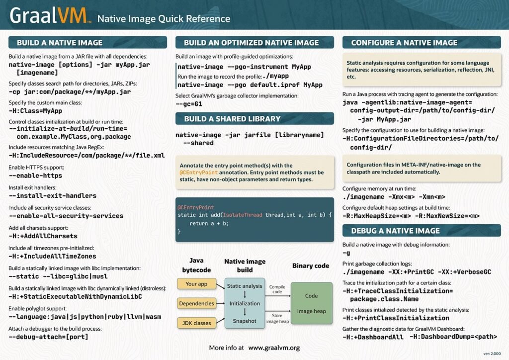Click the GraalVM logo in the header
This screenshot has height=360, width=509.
coord(50,16)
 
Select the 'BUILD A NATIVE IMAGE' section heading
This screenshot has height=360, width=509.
coord(60,42)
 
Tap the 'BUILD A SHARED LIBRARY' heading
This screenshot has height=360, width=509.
coord(232,119)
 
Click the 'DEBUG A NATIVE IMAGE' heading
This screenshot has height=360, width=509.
coord(395,231)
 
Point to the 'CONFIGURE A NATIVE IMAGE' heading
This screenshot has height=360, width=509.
coord(404,42)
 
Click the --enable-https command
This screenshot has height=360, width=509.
coord(35,176)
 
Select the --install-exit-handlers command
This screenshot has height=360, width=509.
coord(53,196)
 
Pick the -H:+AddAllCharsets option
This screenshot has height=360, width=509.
coord(43,236)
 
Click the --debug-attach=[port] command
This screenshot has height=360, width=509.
coord(49,337)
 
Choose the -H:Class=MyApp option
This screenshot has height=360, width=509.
coord(35,111)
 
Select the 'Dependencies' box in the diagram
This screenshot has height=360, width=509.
coord(196,303)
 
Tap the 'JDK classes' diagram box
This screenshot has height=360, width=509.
coord(195,323)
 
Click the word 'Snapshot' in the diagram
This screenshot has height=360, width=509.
coord(245,321)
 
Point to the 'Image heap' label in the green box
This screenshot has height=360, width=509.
coord(311,311)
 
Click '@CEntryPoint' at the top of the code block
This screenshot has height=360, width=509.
coord(195,207)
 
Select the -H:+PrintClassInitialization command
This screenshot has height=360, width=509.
coord(396,318)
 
